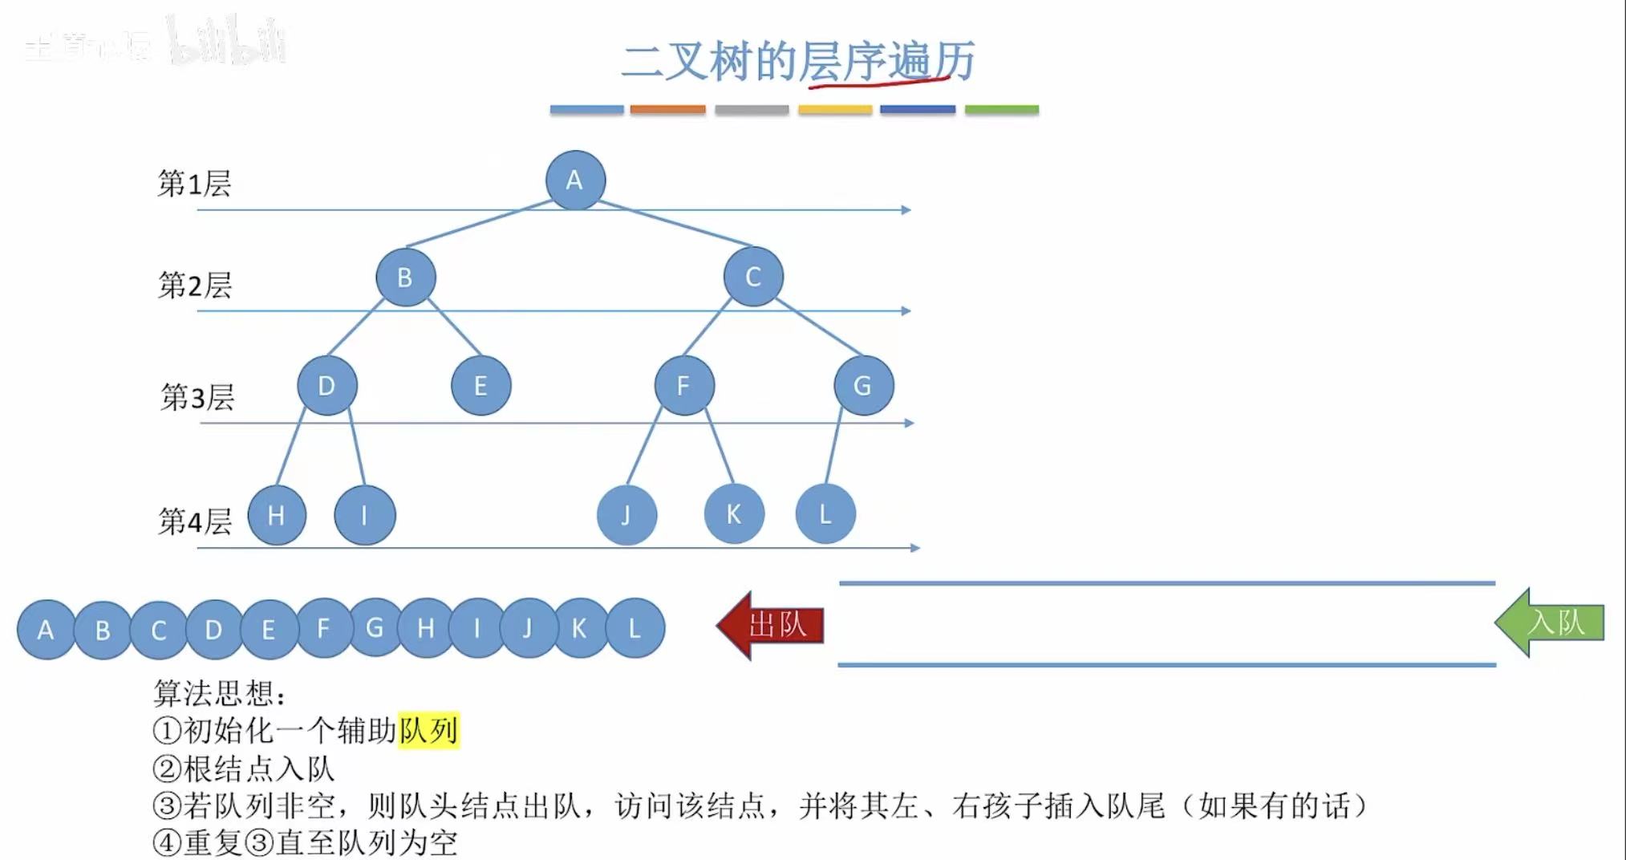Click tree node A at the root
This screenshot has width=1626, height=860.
pyautogui.click(x=575, y=181)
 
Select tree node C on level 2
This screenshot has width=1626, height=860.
pyautogui.click(x=753, y=277)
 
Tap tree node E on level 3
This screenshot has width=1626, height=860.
pyautogui.click(x=481, y=386)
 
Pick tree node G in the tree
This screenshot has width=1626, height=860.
pyautogui.click(x=863, y=386)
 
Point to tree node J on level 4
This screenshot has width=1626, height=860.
pyautogui.click(x=626, y=514)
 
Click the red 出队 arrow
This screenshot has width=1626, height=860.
pyautogui.click(x=771, y=625)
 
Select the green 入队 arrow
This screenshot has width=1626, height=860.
pyautogui.click(x=1551, y=623)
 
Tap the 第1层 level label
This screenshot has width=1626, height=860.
pyautogui.click(x=194, y=184)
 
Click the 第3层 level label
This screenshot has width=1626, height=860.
pyautogui.click(x=197, y=397)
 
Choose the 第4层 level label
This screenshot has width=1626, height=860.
pyautogui.click(x=195, y=521)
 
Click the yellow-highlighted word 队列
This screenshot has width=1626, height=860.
pyautogui.click(x=428, y=731)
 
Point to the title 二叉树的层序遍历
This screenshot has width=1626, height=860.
pyautogui.click(x=798, y=61)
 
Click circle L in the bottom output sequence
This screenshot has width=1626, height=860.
pyautogui.click(x=635, y=628)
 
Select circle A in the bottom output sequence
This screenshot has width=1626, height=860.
pyautogui.click(x=46, y=630)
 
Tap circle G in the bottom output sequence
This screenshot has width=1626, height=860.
pyautogui.click(x=375, y=628)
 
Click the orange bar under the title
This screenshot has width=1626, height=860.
pyautogui.click(x=667, y=109)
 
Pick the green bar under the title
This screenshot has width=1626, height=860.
pyautogui.click(x=1001, y=109)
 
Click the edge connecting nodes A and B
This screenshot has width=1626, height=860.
pyautogui.click(x=479, y=224)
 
